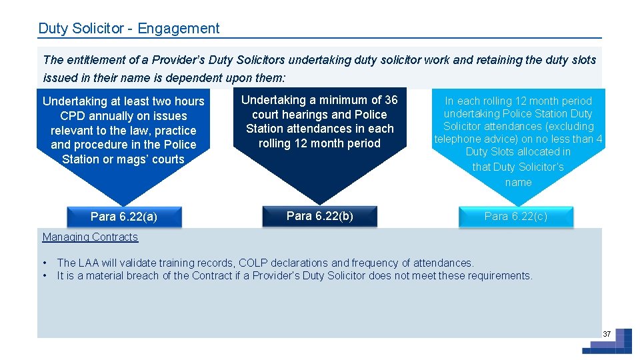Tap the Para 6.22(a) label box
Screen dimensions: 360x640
coord(124,217)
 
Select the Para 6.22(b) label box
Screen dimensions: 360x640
coord(320,216)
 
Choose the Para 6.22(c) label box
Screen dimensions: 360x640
coord(515,216)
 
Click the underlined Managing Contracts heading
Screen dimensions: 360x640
coord(90,237)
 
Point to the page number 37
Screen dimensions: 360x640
coord(607,333)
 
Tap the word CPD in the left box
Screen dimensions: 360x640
coord(73,116)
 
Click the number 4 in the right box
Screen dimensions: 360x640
coord(599,139)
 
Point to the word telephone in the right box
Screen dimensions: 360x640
coord(457,139)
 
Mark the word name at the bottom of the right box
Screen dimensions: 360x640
coord(518,182)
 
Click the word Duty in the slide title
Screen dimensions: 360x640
coord(52,29)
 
